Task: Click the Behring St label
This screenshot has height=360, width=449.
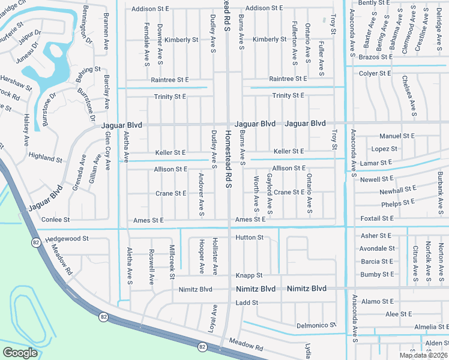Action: coord(89,70)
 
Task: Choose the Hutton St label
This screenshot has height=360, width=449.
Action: coord(250,238)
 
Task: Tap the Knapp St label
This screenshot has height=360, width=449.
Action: coord(250,275)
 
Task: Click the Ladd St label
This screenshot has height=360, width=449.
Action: coord(247,303)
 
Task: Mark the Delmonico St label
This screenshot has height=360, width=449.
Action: coord(314,326)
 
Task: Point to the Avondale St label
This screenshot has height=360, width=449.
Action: coord(377,248)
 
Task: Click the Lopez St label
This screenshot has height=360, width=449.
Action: coord(384,149)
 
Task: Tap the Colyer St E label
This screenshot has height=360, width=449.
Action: coord(375,74)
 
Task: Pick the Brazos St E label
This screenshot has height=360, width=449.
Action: coord(375,57)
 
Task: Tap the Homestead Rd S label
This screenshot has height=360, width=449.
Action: coord(228,160)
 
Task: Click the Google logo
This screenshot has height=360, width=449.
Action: coord(20,352)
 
